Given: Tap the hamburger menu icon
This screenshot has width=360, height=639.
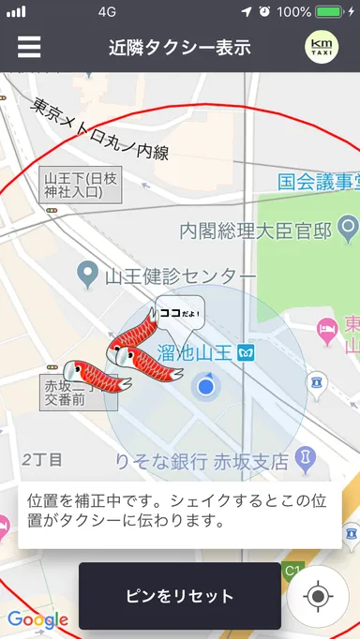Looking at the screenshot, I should point(29,47).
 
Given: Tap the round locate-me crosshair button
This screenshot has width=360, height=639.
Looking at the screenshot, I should point(318,596).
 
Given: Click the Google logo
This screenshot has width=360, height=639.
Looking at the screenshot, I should point(37,619).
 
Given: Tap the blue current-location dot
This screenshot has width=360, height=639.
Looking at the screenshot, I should point(206,386).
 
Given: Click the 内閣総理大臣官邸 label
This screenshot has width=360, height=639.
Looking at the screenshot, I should point(257,229).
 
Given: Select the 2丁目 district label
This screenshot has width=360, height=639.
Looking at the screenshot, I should point(42,459).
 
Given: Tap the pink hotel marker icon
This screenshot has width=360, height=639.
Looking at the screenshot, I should point(327,327).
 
